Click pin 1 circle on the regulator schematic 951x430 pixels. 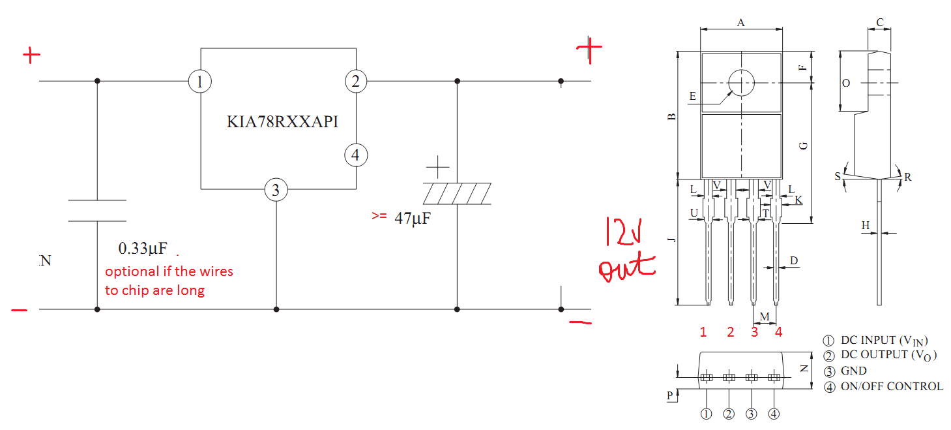[200, 82]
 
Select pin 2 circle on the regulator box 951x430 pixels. [355, 82]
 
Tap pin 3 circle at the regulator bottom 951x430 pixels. [276, 190]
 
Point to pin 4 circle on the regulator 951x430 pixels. [355, 155]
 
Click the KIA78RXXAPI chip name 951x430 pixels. [282, 122]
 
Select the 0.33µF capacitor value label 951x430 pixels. [143, 249]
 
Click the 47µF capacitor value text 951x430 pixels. [412, 219]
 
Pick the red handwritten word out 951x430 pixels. [626, 268]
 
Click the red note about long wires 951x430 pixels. [169, 281]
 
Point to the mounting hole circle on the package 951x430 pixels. [741, 83]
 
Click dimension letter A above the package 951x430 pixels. [741, 23]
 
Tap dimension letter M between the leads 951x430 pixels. [765, 316]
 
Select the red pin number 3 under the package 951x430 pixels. [754, 332]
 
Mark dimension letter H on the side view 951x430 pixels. [866, 226]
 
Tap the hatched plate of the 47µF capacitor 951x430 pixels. [457, 194]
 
